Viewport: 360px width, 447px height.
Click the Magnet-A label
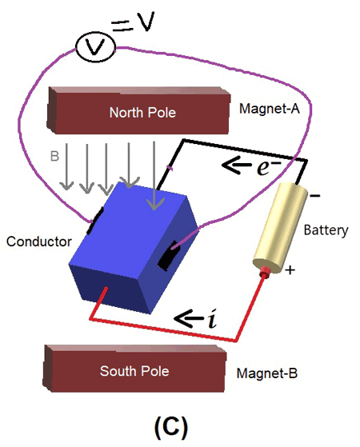pos(269,108)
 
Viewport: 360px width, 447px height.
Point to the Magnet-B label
pos(266,374)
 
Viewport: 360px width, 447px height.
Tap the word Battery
pos(326,230)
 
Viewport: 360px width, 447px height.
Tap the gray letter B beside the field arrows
pos(55,158)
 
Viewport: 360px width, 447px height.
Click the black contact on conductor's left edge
pos(95,217)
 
